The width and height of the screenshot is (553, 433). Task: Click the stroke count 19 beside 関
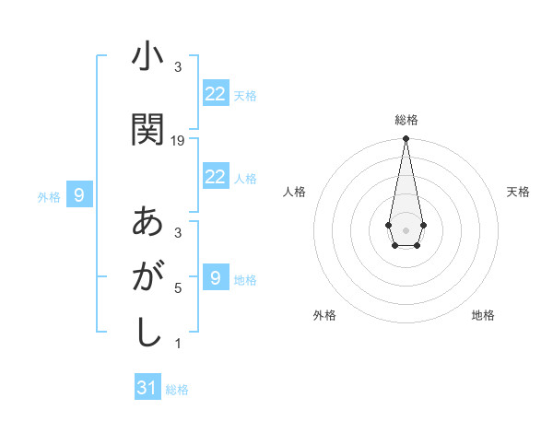click(178, 141)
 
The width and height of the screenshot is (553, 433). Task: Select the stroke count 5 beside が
click(178, 288)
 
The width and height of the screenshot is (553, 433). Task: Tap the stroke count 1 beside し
click(178, 344)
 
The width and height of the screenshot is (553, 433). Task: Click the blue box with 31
click(147, 388)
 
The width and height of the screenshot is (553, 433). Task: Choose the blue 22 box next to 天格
click(215, 93)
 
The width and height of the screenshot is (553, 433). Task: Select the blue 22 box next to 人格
click(215, 177)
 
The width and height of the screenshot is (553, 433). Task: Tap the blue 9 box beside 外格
click(79, 194)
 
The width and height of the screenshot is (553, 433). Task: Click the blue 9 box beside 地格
click(215, 277)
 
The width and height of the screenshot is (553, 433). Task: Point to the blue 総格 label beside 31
click(177, 390)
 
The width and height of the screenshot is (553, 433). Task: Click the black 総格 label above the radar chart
click(406, 120)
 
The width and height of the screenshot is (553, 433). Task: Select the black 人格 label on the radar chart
click(295, 192)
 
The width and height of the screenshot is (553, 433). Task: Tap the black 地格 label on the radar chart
click(483, 315)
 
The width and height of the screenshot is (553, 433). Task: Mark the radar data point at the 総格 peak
click(406, 139)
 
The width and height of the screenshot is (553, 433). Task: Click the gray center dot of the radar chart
click(406, 228)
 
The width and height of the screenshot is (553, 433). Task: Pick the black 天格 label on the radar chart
click(518, 192)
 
